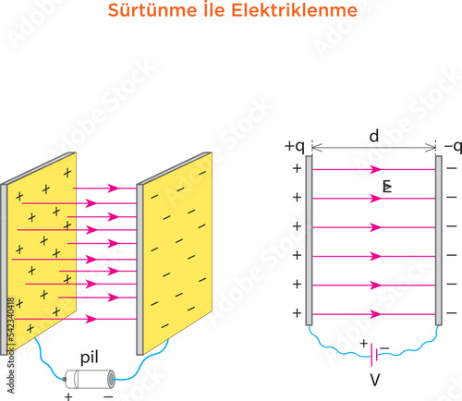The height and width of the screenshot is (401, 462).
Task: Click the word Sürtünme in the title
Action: click(x=152, y=10)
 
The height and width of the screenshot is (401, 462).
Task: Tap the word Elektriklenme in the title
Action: click(x=294, y=10)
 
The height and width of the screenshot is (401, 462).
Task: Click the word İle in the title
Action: click(x=214, y=9)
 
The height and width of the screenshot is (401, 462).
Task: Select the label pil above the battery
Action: click(x=90, y=358)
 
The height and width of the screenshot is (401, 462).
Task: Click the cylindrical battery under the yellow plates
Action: click(x=90, y=379)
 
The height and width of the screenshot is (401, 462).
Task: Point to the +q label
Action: click(x=295, y=146)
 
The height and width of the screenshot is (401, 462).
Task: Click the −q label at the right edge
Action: click(x=453, y=146)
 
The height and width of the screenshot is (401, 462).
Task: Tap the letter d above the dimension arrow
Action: click(x=374, y=136)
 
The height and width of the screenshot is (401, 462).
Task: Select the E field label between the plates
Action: click(x=387, y=187)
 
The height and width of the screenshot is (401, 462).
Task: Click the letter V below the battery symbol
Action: click(x=375, y=380)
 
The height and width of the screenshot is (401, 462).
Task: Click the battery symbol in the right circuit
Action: click(x=374, y=355)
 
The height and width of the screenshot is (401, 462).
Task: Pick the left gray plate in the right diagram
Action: click(x=309, y=240)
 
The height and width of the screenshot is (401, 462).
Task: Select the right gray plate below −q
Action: click(x=439, y=240)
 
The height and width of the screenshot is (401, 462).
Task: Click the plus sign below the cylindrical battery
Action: click(x=68, y=396)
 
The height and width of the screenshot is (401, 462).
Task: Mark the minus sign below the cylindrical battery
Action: click(x=108, y=396)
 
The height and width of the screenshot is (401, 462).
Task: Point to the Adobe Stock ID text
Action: click(x=11, y=345)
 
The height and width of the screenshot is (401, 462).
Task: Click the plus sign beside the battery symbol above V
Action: click(x=364, y=343)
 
